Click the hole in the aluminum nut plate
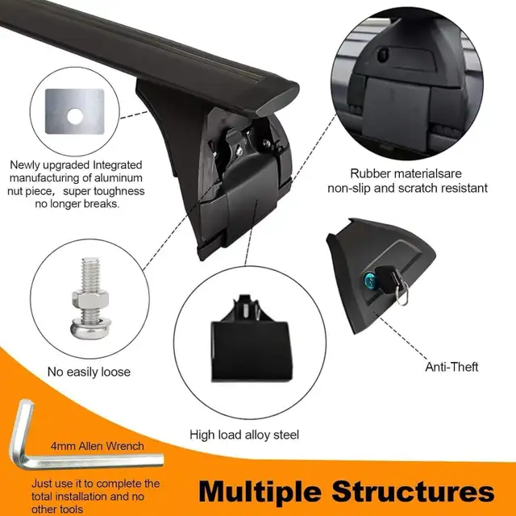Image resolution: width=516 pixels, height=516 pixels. pos(75,117)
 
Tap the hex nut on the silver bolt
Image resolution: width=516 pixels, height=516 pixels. pos(90,299)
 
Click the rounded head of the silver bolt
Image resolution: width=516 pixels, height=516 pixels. pos(90,329)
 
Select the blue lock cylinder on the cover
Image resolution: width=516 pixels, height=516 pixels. pos(369,280)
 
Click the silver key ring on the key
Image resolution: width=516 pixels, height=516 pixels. pos(402,293)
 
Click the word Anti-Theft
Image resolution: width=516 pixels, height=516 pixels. pos(451,367)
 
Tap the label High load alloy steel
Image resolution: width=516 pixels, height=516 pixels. pos(244,435)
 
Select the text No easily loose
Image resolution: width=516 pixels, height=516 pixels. pos(89,372)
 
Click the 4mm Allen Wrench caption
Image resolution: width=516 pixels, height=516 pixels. pos(98,446)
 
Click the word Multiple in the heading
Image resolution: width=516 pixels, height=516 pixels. pos(260,493)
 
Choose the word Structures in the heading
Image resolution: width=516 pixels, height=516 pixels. pos(413,491)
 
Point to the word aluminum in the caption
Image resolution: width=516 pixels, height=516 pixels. pos(119,178)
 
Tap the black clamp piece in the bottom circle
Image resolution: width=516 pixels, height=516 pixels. pos(251,339)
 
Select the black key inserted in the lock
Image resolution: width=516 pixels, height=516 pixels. pos(389,280)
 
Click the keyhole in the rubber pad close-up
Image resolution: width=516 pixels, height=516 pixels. pos(383,56)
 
